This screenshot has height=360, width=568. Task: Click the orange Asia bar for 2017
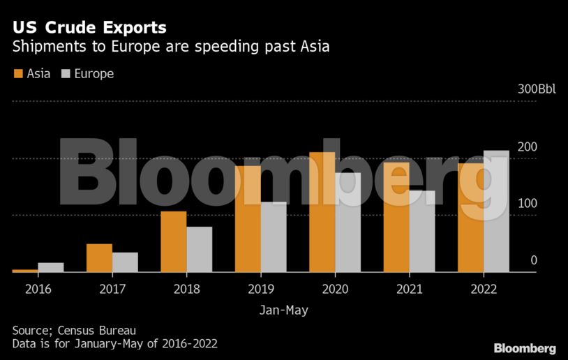click(x=99, y=257)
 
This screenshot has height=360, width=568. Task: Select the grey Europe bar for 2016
click(x=51, y=267)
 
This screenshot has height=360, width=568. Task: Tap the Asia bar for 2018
click(x=173, y=241)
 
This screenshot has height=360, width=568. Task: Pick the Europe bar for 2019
click(x=274, y=237)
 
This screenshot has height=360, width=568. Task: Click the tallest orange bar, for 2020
click(x=322, y=212)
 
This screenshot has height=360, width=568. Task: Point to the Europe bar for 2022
click(x=496, y=211)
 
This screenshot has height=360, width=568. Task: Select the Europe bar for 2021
click(x=422, y=231)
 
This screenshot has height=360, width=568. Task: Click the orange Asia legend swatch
click(x=18, y=73)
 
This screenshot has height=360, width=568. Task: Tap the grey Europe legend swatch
click(x=66, y=73)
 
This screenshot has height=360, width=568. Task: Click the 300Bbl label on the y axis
click(x=537, y=90)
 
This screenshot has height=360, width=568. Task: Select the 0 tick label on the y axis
click(x=534, y=260)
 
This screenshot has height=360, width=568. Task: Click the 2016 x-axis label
click(x=38, y=288)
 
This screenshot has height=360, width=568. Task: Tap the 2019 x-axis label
click(x=261, y=288)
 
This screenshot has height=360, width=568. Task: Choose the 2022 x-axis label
click(x=483, y=288)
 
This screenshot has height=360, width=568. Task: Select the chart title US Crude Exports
click(x=89, y=28)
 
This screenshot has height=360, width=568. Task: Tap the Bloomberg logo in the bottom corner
click(x=525, y=347)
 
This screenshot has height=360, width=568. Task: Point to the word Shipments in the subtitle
click(x=43, y=47)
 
